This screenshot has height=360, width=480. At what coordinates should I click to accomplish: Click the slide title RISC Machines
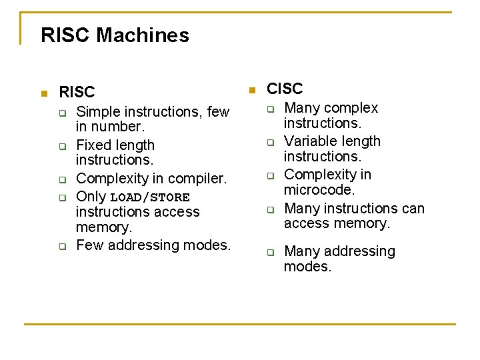115,35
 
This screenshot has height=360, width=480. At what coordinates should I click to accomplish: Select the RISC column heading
77,92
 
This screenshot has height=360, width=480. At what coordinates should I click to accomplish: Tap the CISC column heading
285,89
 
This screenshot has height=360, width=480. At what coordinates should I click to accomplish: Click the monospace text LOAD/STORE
150,197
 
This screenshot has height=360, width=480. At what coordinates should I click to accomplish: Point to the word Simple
99,112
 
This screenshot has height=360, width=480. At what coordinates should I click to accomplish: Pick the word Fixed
93,145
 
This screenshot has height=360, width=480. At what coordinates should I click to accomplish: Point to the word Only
91,197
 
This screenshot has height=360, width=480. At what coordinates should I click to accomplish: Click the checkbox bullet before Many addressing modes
271,253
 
